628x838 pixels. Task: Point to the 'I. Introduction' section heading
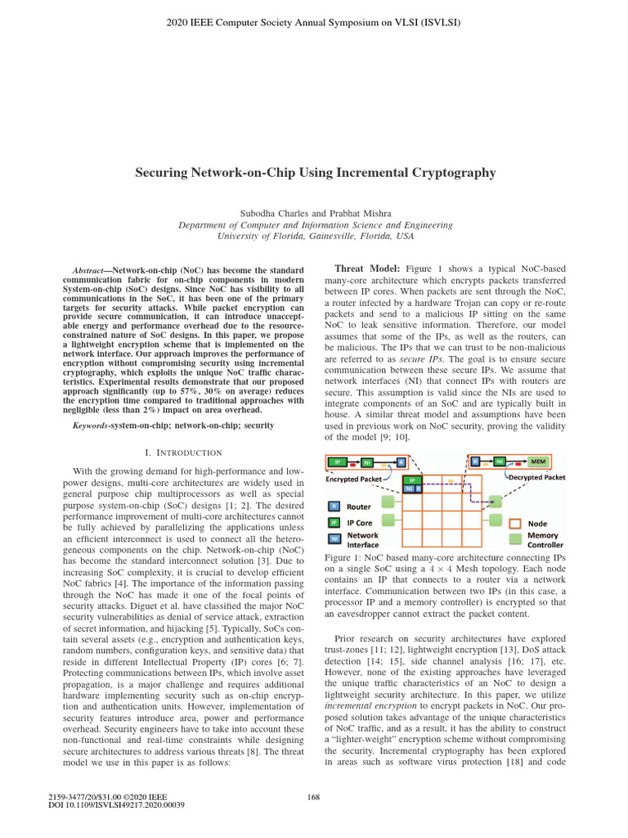tap(182, 453)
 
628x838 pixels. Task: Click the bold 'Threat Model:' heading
tap(368, 269)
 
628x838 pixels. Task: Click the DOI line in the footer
tap(117, 805)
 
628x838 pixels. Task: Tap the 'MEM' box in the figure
tap(537, 462)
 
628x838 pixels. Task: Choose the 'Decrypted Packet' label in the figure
tap(536, 476)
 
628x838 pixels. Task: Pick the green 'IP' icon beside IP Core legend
tap(334, 522)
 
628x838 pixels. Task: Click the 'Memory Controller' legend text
tap(544, 540)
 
